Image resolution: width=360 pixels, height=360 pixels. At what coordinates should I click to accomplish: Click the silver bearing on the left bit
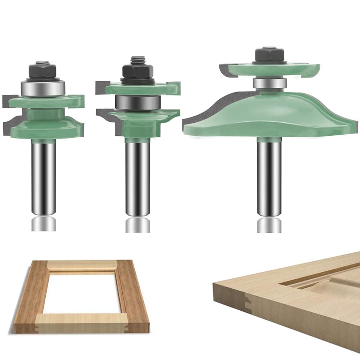[x=43, y=88]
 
